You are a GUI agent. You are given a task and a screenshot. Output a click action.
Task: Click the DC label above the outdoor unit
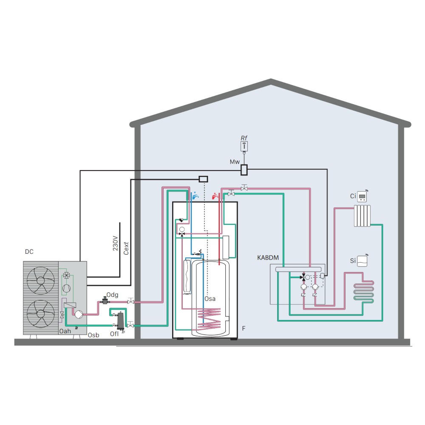(29, 252)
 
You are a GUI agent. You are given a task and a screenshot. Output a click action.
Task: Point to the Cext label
(126, 246)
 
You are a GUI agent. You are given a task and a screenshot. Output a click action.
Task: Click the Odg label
(112, 294)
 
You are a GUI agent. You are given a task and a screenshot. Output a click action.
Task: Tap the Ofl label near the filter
(114, 334)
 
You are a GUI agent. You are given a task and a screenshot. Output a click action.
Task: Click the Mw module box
(244, 170)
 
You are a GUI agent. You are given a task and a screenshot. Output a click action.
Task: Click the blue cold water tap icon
(195, 196)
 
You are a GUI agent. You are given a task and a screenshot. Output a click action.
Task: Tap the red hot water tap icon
(215, 196)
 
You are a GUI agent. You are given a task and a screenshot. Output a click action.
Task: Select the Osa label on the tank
(210, 298)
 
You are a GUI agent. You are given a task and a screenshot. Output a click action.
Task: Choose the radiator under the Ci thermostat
(363, 216)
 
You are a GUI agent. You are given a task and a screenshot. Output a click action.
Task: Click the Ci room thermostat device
(363, 196)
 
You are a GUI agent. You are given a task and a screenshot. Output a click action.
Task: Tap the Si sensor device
(362, 260)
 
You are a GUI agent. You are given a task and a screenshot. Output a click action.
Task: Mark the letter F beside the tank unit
(244, 328)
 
